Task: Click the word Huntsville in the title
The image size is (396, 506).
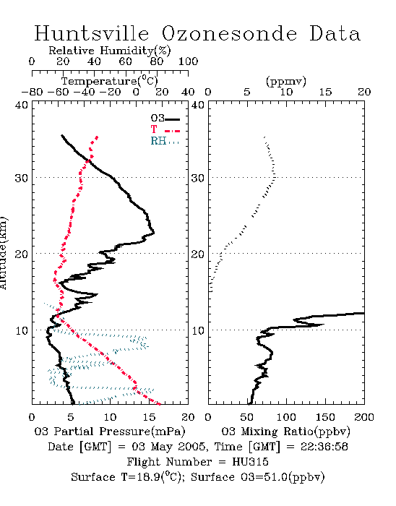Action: coord(92,33)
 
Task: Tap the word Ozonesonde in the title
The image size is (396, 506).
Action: coord(229,33)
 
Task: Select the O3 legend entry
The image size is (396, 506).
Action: coord(165,119)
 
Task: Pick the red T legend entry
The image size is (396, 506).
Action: coord(165,129)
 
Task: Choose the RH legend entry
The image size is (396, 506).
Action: coord(165,142)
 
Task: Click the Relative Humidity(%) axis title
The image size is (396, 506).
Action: coord(110,51)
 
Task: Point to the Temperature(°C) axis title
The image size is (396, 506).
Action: coord(110,81)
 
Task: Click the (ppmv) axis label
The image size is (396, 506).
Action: coord(286,81)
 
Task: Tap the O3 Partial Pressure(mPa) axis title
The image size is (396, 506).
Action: coord(110,432)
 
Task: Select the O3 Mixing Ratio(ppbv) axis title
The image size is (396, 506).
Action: coord(285,432)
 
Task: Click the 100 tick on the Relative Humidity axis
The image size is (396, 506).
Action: coord(188,61)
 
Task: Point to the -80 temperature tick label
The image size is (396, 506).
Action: coord(32,93)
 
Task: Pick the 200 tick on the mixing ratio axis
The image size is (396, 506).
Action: coord(364,417)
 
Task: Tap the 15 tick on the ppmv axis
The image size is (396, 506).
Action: coord(325,93)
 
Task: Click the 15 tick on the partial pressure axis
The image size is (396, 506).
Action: coord(149,417)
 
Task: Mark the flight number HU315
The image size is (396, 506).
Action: coord(250,462)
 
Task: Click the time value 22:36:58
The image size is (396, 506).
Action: coord(324,447)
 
